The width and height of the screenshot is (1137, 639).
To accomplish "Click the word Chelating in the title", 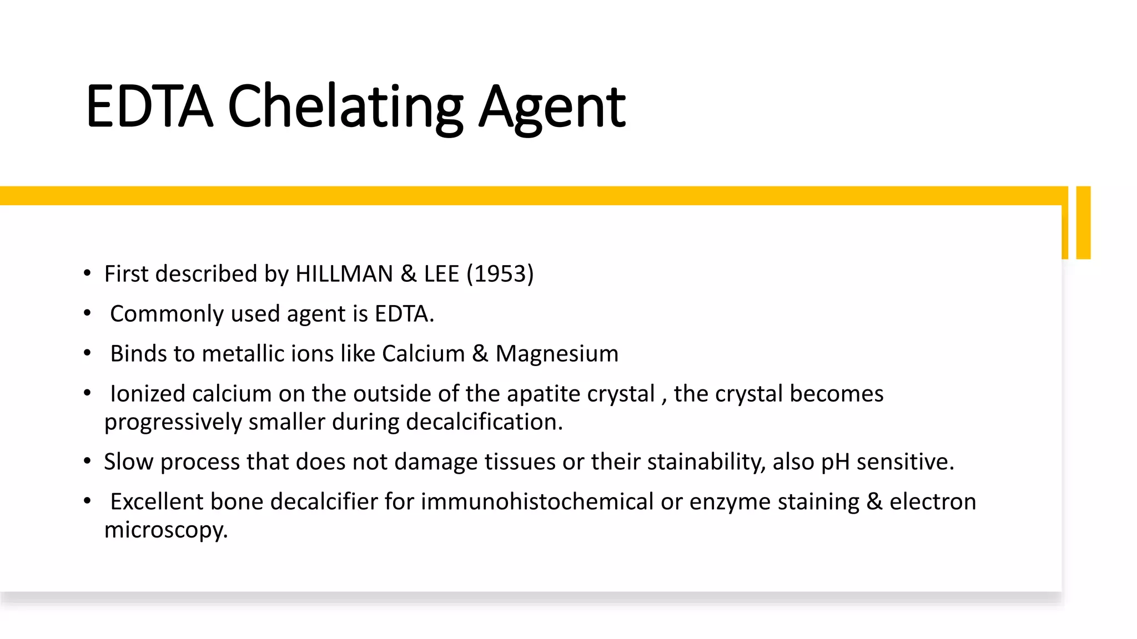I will [x=345, y=106].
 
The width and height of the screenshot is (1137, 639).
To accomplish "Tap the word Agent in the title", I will [x=552, y=107].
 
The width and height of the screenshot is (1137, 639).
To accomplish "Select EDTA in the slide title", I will [x=149, y=106].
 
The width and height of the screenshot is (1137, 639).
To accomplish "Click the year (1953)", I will [x=500, y=274].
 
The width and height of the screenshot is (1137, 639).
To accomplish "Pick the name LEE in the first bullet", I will [x=441, y=274].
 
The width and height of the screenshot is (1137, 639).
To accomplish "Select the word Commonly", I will [x=167, y=315].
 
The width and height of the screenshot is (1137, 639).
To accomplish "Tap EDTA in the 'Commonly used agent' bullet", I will [x=403, y=314].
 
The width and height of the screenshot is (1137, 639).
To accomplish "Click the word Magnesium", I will [x=556, y=354].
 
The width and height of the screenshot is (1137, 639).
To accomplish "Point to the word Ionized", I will [x=147, y=394].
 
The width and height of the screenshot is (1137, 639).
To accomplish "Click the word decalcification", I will [x=484, y=422].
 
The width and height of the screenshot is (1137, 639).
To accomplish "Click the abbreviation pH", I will [x=835, y=462].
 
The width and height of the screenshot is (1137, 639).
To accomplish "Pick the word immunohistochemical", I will [x=537, y=501].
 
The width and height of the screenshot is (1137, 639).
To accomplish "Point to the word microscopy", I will [x=165, y=530].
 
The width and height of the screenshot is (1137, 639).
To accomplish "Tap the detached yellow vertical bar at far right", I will [x=1083, y=222].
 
